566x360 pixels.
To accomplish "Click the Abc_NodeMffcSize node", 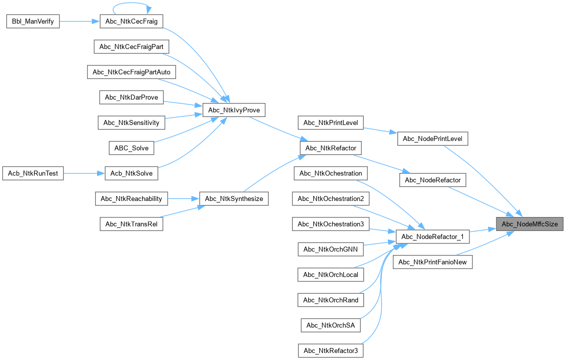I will pyautogui.click(x=529, y=224).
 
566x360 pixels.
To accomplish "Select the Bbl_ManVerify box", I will pyautogui.click(x=33, y=21).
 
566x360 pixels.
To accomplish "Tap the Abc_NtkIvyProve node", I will pyautogui.click(x=233, y=110).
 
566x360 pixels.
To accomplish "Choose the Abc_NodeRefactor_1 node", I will pyautogui.click(x=432, y=236).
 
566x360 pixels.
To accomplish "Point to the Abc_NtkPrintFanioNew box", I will pyautogui.click(x=433, y=262).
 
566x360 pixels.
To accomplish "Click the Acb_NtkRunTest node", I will pyautogui.click(x=33, y=174).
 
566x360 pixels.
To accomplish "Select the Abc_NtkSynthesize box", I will pyautogui.click(x=234, y=198).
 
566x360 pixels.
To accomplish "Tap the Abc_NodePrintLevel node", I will pyautogui.click(x=432, y=138).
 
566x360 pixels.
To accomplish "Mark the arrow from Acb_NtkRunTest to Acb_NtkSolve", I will pyautogui.click(x=84, y=174).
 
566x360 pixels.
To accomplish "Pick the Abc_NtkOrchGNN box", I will pyautogui.click(x=331, y=249).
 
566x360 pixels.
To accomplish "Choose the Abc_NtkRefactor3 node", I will pyautogui.click(x=331, y=350).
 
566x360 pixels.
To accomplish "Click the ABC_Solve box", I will pyautogui.click(x=131, y=148).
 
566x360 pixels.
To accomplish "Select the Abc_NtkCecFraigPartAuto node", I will pyautogui.click(x=132, y=72).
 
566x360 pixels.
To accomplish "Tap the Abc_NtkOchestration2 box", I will pyautogui.click(x=331, y=198).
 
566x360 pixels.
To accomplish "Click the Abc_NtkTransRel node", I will pyautogui.click(x=131, y=224).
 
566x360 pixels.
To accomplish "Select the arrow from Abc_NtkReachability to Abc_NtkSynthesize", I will pyautogui.click(x=183, y=198).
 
